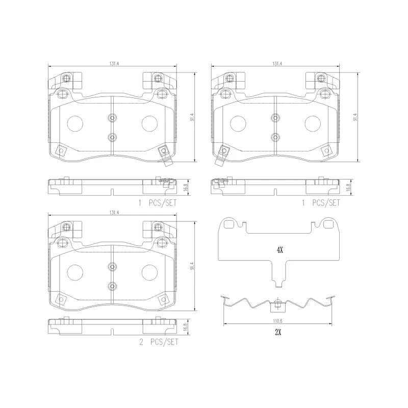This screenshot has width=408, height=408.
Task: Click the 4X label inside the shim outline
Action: click(x=279, y=250)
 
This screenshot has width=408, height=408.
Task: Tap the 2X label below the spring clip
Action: click(x=278, y=332)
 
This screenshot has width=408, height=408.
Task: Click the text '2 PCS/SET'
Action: click(x=159, y=343)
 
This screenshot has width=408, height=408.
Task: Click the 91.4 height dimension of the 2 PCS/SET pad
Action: click(x=192, y=266)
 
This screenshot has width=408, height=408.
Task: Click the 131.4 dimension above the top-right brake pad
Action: click(x=277, y=64)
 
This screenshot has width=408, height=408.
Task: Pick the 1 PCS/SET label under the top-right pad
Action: click(x=321, y=202)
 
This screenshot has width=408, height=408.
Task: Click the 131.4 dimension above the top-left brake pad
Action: click(x=113, y=64)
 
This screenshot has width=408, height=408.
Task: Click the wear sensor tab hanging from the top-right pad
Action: click(x=221, y=155)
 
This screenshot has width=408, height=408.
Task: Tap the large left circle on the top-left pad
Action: click(x=75, y=123)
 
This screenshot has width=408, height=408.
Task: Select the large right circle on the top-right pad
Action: click(x=312, y=123)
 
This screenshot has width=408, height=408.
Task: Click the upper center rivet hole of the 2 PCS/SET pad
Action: click(x=112, y=266)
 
